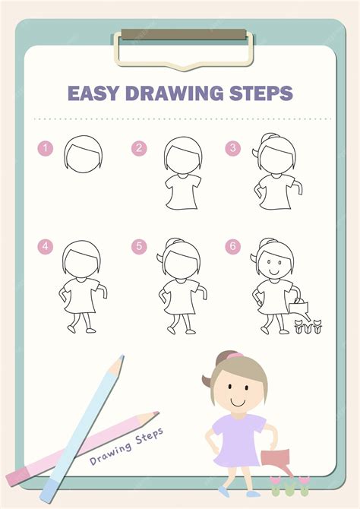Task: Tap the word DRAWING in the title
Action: [x=175, y=93]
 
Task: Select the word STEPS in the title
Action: [x=261, y=93]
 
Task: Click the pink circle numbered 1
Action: [x=45, y=148]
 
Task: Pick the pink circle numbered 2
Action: [x=139, y=148]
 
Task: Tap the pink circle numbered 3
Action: [x=233, y=148]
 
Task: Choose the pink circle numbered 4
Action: [x=45, y=246]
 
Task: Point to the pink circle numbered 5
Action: [x=139, y=246]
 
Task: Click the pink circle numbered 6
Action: [x=233, y=246]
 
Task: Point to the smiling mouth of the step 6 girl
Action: [x=274, y=272]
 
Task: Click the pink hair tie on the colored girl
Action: [x=235, y=356]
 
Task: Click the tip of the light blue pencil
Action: [x=122, y=356]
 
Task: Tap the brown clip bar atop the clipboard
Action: [x=184, y=34]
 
